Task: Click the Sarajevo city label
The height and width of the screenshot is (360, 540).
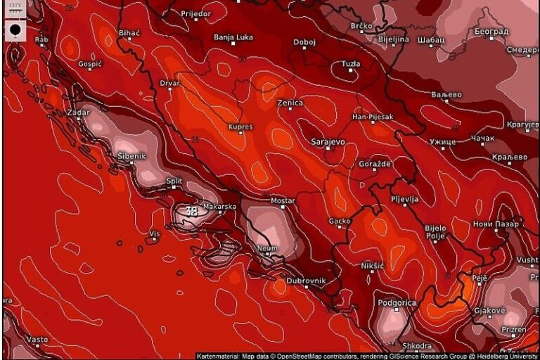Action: click(x=328, y=142)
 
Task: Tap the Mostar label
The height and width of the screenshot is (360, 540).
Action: click(x=283, y=201)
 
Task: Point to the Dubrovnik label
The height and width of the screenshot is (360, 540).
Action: click(x=307, y=281)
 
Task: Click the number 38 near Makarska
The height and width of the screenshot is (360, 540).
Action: click(x=191, y=210)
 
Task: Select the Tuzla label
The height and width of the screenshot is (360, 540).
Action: click(x=350, y=64)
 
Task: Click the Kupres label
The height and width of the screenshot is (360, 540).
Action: click(x=240, y=127)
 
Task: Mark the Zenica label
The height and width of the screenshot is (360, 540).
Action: click(x=290, y=103)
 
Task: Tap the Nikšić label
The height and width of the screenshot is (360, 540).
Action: click(x=372, y=266)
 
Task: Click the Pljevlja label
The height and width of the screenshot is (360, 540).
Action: click(x=404, y=200)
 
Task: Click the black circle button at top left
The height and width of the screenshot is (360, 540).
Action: click(x=15, y=30)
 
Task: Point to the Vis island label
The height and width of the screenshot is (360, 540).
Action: click(x=155, y=233)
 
